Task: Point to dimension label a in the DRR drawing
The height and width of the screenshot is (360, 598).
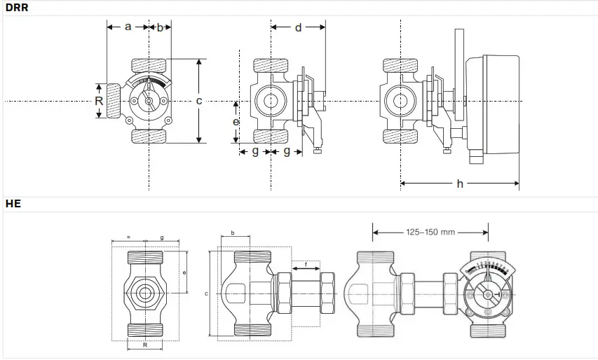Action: (x=128, y=27)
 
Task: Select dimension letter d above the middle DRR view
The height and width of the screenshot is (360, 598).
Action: (x=298, y=28)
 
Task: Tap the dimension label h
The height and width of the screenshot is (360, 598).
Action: (x=460, y=184)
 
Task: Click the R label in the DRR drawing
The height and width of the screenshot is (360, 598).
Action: (x=99, y=101)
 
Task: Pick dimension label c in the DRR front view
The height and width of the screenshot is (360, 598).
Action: (x=199, y=102)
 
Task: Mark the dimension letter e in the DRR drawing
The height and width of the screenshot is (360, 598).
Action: (x=236, y=122)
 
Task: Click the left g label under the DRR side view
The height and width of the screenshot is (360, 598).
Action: (x=255, y=151)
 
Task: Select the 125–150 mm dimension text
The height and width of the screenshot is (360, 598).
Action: (x=430, y=232)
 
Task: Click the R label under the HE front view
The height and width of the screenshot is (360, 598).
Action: (x=145, y=345)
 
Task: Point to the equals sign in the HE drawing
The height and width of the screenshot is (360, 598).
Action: (x=128, y=238)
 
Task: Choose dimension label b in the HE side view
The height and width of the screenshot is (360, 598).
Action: (x=232, y=233)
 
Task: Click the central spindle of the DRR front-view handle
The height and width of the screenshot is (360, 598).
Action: (x=149, y=102)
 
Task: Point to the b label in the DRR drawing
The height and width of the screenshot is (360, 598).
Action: (x=160, y=27)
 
